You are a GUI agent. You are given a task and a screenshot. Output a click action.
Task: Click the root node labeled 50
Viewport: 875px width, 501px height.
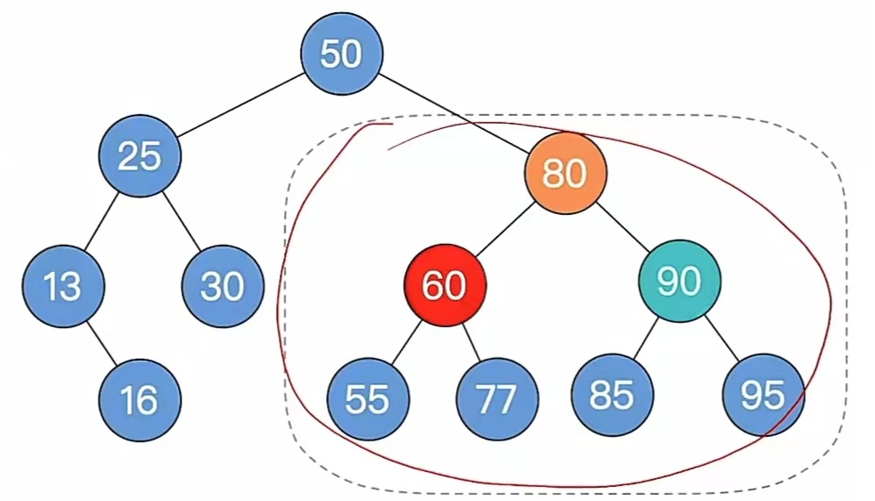[342, 54]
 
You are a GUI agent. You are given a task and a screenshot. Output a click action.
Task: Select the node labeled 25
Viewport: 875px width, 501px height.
[140, 156]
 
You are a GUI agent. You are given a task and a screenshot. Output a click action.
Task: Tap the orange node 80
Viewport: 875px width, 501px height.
[566, 174]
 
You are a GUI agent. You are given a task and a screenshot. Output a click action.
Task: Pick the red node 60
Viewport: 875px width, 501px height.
[445, 285]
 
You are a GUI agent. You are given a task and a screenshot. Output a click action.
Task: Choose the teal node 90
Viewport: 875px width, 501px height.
[679, 281]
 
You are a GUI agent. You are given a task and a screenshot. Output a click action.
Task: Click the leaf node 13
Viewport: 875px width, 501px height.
[63, 287]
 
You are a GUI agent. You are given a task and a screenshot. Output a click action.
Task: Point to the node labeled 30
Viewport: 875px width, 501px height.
[223, 287]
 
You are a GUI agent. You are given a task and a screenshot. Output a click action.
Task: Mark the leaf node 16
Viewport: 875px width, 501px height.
[139, 400]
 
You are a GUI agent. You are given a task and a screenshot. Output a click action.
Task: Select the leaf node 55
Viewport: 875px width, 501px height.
[368, 399]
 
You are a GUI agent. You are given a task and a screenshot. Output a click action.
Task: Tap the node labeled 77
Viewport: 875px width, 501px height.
[497, 399]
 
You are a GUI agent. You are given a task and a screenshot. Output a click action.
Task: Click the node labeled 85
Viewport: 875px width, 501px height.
[612, 395]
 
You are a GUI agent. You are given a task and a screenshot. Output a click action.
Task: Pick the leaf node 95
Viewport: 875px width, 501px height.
[763, 395]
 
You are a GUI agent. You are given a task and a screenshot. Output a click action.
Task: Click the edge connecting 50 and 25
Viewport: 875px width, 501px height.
[241, 105]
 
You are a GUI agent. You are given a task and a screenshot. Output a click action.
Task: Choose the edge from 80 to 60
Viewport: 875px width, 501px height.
[505, 229]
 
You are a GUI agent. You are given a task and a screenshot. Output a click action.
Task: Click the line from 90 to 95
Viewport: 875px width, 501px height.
[722, 339]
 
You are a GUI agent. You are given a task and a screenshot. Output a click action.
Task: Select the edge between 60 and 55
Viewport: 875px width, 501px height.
[406, 342]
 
